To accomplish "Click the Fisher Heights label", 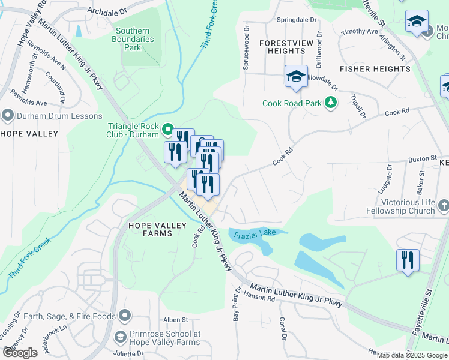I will (375, 69).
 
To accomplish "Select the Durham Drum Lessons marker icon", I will (7, 114).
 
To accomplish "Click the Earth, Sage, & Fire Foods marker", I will (125, 315).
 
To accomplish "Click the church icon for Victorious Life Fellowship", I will (444, 206).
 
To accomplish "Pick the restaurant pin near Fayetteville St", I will (408, 260).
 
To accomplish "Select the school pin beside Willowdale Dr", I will (296, 77).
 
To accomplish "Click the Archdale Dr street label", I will (107, 11).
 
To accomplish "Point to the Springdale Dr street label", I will (296, 20).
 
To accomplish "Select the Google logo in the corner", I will (20, 353).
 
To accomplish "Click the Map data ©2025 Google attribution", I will (412, 355).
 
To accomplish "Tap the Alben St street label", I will (176, 320).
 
